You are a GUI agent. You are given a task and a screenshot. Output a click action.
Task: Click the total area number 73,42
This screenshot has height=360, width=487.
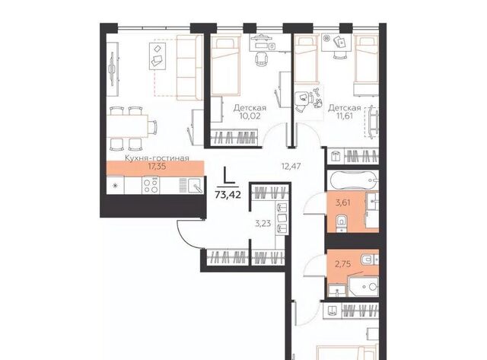[x=228, y=195]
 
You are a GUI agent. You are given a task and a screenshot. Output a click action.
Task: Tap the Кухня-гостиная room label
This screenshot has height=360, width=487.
[x=157, y=158]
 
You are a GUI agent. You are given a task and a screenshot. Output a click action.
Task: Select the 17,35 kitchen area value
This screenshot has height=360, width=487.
[x=157, y=167]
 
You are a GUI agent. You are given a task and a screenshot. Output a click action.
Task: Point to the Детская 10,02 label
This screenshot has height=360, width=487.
[x=250, y=112]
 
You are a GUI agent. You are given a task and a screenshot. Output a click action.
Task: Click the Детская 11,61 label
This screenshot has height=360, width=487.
[x=345, y=112]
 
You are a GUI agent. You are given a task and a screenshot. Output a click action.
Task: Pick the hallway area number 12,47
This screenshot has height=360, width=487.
[x=291, y=166]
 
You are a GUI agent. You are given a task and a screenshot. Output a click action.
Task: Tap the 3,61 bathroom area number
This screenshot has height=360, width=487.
[x=342, y=202]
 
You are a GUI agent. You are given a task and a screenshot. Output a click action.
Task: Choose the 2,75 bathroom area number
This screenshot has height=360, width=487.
[x=342, y=264]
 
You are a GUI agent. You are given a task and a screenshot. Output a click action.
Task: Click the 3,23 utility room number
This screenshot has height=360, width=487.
[x=263, y=223]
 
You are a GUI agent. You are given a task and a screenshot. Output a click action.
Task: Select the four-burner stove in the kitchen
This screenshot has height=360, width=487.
[x=151, y=186]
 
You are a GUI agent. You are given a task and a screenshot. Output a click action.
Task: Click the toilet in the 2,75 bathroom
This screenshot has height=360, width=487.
[x=369, y=259]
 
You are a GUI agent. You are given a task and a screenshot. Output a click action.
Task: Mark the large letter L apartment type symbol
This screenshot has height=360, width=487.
[x=229, y=177]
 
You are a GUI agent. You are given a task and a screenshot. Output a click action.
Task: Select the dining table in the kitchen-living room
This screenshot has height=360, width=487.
[x=127, y=126]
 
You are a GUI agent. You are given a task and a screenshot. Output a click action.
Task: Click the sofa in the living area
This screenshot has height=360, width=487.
[x=189, y=68]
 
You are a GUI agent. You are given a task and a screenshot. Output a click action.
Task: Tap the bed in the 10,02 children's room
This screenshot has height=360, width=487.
[x=226, y=66]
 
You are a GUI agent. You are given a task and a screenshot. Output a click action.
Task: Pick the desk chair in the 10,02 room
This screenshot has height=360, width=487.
[x=261, y=59]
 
